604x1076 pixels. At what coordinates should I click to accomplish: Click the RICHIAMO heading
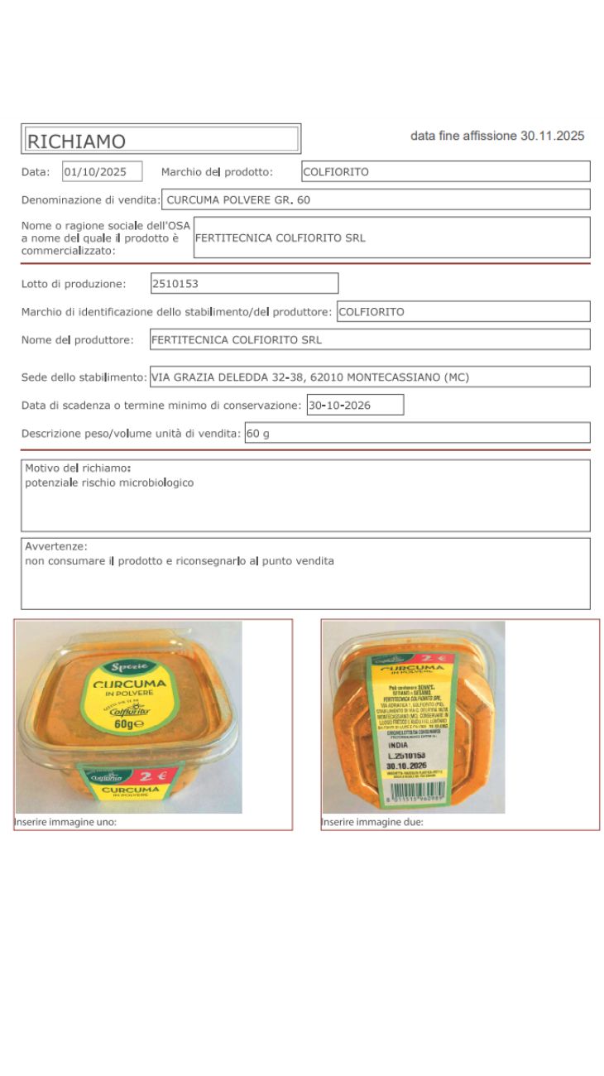[76, 141]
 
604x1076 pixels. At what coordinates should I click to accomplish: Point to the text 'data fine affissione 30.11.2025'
[497, 136]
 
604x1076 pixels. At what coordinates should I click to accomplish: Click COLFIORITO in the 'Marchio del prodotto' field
[336, 172]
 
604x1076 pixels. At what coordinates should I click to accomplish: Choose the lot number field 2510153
[175, 283]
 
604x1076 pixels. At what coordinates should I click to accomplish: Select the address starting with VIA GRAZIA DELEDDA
[309, 377]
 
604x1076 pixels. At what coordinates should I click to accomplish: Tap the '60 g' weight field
[258, 434]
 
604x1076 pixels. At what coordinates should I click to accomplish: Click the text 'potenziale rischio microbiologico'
[109, 483]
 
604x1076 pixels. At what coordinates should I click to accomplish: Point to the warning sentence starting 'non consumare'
[180, 561]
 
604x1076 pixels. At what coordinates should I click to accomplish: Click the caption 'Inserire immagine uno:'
[65, 823]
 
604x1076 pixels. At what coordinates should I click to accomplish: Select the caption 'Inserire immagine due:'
[372, 823]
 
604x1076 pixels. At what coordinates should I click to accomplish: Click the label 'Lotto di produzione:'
[74, 284]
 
